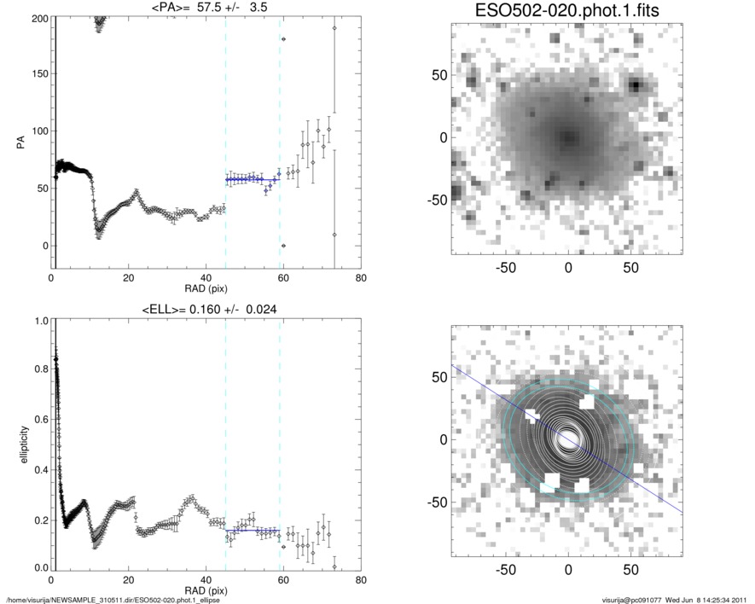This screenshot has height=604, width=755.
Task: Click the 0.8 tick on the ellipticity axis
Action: coord(38,371)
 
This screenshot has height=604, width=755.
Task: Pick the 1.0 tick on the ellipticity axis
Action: coord(38,322)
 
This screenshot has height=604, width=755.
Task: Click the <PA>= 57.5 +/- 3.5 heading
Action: coord(205,7)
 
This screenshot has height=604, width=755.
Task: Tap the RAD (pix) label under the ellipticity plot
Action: coord(205,592)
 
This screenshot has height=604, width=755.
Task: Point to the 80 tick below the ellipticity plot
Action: coord(361,581)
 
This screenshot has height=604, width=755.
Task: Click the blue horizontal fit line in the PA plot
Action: coord(253,179)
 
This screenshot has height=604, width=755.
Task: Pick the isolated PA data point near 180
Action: coord(283,39)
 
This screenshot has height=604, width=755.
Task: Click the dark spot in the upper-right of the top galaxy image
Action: coord(636,84)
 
